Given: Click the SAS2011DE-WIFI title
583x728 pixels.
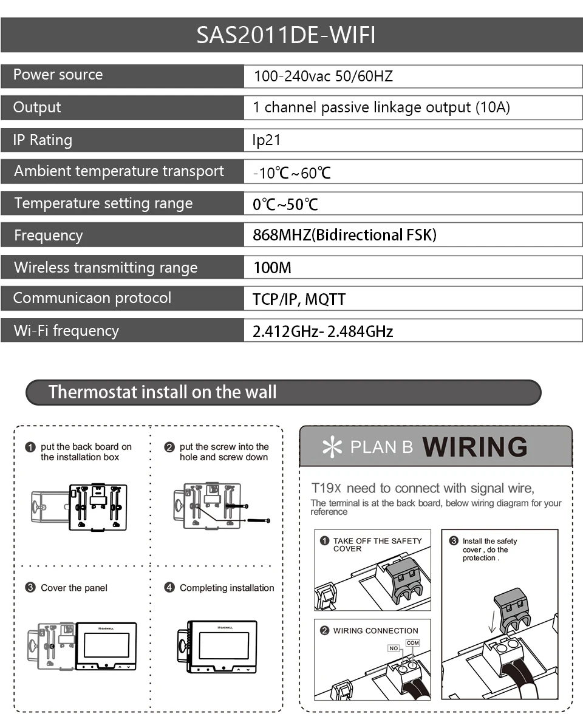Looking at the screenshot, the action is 285,35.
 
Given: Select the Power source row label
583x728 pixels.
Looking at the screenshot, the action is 58,74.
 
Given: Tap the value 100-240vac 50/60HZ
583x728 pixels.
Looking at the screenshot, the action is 323,76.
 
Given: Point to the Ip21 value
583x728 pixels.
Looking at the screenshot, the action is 267,140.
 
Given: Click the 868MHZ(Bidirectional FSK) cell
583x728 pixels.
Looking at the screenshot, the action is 345,235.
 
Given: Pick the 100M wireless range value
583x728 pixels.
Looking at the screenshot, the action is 272,267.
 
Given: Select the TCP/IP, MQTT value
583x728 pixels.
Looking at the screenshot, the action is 299,299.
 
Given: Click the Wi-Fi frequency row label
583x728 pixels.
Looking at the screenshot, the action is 66,330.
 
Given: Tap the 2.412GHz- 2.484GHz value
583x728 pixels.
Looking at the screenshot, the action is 323,332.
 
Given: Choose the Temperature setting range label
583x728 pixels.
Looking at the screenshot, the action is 104,203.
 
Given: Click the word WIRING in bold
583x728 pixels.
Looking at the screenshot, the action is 475,447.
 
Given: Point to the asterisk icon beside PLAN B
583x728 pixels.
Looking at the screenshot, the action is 332,447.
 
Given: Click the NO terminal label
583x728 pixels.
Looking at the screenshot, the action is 394,648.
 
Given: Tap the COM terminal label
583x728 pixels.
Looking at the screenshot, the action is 412,643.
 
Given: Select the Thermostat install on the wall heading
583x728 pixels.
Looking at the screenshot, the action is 163,392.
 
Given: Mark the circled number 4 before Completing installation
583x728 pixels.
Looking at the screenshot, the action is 169,587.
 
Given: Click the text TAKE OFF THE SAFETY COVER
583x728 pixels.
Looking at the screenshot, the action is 377,545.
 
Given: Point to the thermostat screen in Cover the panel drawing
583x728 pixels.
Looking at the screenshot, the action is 106,646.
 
